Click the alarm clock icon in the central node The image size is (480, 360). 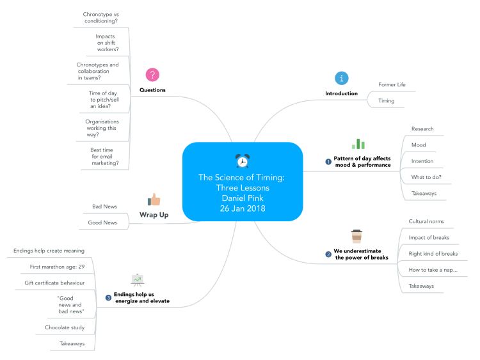pyautogui.click(x=242, y=161)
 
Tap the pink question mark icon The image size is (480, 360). pyautogui.click(x=152, y=75)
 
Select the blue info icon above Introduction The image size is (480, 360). pyautogui.click(x=342, y=78)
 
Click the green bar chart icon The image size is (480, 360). pyautogui.click(x=358, y=144)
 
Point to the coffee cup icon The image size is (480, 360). pyautogui.click(x=356, y=237)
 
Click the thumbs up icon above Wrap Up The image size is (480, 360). pyautogui.click(x=154, y=200)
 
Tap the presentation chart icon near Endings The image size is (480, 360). pyautogui.click(x=138, y=279)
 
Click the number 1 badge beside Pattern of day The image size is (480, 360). pyautogui.click(x=329, y=162)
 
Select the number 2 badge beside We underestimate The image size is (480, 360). pyautogui.click(x=329, y=254)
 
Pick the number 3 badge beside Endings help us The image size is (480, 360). pyautogui.click(x=108, y=297)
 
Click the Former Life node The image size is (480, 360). pyautogui.click(x=392, y=84)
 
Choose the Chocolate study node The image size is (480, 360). pyautogui.click(x=65, y=327)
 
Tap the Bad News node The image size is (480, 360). pyautogui.click(x=104, y=207)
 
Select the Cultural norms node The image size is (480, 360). pyautogui.click(x=426, y=221)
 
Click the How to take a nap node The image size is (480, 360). pyautogui.click(x=433, y=270)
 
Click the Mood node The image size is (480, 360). pyautogui.click(x=419, y=145)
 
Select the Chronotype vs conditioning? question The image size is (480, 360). pyautogui.click(x=101, y=17)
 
